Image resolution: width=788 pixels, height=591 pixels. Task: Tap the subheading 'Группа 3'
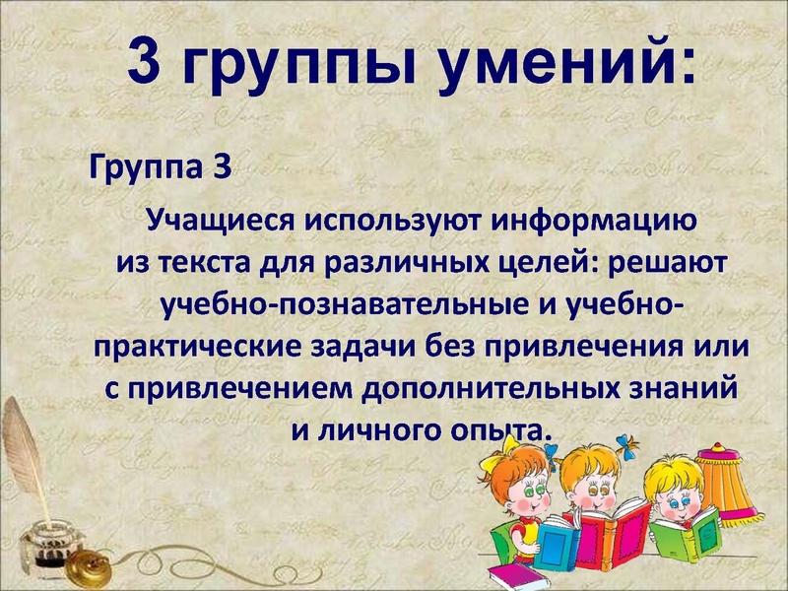click(161, 165)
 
